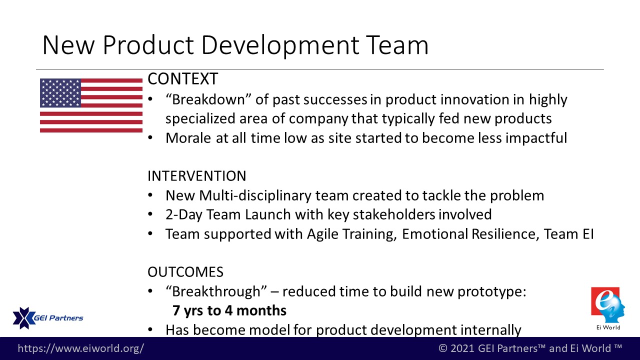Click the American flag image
(x=91, y=105)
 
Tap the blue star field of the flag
(x=60, y=93)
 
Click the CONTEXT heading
(x=183, y=79)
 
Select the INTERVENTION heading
(x=197, y=176)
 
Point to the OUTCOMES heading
(x=185, y=272)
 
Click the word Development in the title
(x=280, y=45)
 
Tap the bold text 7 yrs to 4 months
(x=229, y=310)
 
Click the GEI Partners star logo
(x=23, y=318)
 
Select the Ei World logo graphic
(x=607, y=305)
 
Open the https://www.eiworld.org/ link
(x=81, y=348)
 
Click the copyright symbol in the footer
(x=442, y=348)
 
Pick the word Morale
(x=188, y=138)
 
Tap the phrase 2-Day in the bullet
(x=184, y=215)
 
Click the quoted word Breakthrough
(x=216, y=291)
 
